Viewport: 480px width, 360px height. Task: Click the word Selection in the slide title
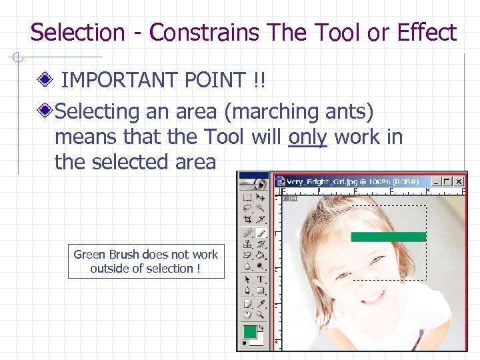click(x=77, y=32)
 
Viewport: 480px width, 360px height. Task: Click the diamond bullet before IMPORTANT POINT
click(x=46, y=81)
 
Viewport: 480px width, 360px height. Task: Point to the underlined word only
click(x=307, y=137)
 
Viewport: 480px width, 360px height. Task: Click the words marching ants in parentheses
click(x=299, y=111)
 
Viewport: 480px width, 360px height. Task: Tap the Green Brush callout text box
click(x=146, y=261)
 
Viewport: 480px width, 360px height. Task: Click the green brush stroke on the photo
click(x=388, y=237)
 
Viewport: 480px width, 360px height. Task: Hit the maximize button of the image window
click(x=446, y=181)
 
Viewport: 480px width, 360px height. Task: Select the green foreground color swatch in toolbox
click(x=249, y=331)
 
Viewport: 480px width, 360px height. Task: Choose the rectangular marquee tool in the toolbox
click(x=247, y=197)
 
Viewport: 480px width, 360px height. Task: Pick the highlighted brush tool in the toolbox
click(x=261, y=233)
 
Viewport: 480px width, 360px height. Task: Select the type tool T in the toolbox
click(x=261, y=279)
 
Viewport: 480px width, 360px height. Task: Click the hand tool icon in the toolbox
click(x=247, y=314)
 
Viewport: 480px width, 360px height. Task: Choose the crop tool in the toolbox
click(x=247, y=219)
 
